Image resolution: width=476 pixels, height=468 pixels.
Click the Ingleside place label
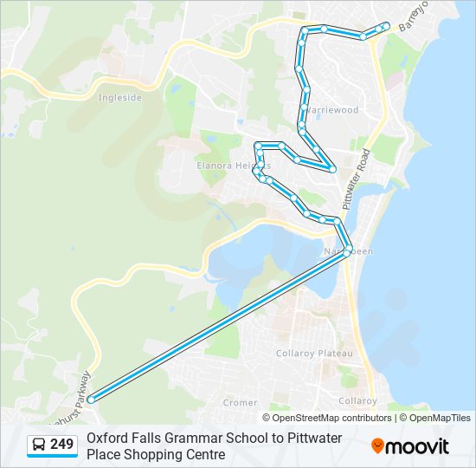120,98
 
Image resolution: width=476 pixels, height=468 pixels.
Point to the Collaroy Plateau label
314,354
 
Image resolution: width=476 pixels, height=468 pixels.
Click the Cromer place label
240,402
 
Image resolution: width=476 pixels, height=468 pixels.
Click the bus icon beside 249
39,445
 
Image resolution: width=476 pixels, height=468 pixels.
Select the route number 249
61,445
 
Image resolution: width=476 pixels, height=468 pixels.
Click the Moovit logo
410,446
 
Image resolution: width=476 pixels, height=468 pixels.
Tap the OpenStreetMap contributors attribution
332,418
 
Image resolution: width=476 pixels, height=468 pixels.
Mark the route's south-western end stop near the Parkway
92,398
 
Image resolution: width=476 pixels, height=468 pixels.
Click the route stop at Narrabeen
347,251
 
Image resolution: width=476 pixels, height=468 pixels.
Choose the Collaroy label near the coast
357,400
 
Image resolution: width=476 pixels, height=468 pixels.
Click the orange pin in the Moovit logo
377,446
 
